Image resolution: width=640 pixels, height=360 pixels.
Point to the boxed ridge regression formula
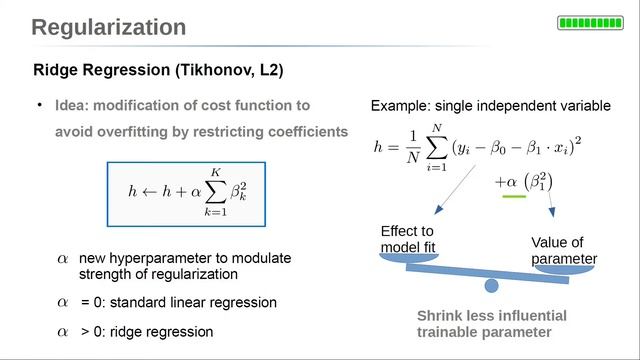click(x=186, y=192)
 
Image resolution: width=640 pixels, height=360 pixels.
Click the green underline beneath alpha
click(x=513, y=197)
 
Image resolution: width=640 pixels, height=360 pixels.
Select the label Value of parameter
click(x=563, y=251)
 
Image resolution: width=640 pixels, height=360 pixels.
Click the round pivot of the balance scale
click(x=491, y=286)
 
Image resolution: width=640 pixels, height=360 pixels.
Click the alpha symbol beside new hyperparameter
click(x=62, y=259)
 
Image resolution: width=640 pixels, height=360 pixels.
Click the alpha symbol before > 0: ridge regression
click(x=62, y=330)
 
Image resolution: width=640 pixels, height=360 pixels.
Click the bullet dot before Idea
click(x=40, y=105)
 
